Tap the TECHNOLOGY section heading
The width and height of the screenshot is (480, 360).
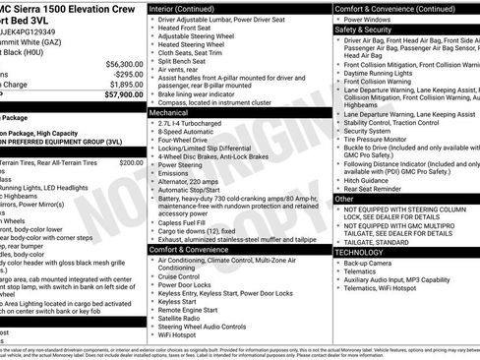tap(358, 253)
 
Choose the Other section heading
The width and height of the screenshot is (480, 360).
tap(343, 199)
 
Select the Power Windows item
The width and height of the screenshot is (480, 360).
tap(369, 19)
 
